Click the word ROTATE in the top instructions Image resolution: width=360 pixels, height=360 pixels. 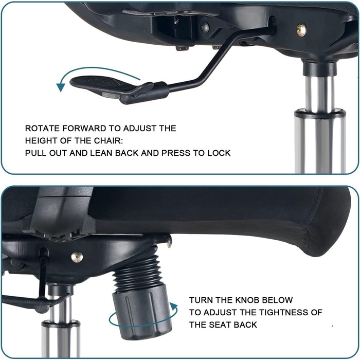pyautogui.click(x=43, y=129)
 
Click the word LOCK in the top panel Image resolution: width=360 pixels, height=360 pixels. pyautogui.click(x=219, y=153)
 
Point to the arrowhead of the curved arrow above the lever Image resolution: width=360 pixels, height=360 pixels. pyautogui.click(x=60, y=87)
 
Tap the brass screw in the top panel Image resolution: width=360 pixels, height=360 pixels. pyautogui.click(x=301, y=30)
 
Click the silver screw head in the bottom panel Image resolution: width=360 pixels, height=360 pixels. pyautogui.click(x=77, y=257)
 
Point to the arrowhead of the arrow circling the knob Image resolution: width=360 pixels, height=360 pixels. pyautogui.click(x=174, y=307)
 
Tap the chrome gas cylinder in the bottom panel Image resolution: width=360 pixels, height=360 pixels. pyautogui.click(x=61, y=328)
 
